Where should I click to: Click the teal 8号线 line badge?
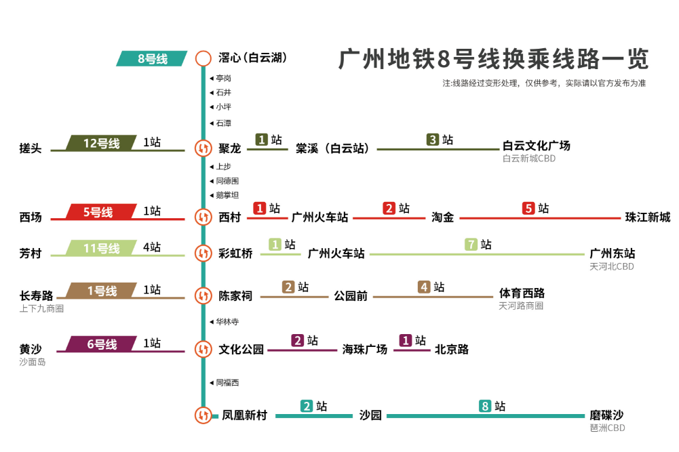(152, 59)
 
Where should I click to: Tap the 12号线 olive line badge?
(101, 143)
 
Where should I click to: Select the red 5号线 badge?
(98, 212)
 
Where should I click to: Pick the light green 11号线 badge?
(101, 248)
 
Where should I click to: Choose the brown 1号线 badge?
(102, 291)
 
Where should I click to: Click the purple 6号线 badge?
(102, 344)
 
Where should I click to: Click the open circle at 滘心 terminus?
(203, 58)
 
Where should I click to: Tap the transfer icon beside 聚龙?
(203, 148)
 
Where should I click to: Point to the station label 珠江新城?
(648, 218)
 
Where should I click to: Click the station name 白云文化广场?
(536, 146)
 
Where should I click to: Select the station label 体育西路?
(522, 293)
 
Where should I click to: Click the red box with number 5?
(529, 209)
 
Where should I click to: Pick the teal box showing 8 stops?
(485, 407)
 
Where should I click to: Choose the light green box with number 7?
(471, 245)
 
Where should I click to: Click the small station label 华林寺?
(227, 322)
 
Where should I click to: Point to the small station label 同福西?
(227, 383)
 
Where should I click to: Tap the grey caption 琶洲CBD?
(607, 428)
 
